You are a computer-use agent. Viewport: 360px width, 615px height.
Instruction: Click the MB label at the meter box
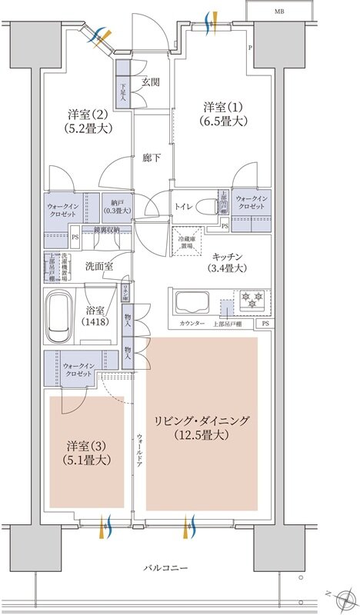click(278, 12)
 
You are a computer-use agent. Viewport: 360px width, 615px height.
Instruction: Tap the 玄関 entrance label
click(150, 81)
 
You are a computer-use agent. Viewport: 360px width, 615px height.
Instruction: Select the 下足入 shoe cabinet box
click(122, 91)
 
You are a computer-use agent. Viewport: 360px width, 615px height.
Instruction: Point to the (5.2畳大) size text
click(87, 128)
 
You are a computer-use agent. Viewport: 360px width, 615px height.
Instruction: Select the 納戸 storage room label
click(116, 201)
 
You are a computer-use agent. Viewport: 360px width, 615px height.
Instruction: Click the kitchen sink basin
click(193, 299)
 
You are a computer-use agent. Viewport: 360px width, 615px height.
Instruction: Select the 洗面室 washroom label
click(98, 266)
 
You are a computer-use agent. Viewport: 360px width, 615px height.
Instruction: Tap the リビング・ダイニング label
click(202, 421)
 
